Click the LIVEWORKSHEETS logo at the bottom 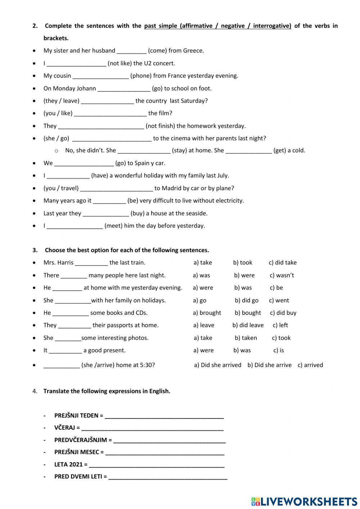pyautogui.click(x=304, y=501)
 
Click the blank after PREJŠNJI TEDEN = pyautogui.click(x=164, y=416)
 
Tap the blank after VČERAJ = pyautogui.click(x=152, y=428)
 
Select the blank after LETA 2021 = pyautogui.click(x=157, y=465)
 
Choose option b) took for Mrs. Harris pyautogui.click(x=243, y=263)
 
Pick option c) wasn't pyautogui.click(x=282, y=275)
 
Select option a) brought pyautogui.click(x=207, y=313)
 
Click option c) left pyautogui.click(x=280, y=325)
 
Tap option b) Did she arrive pyautogui.click(x=269, y=365)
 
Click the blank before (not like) pyautogui.click(x=76, y=64)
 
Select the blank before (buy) pyautogui.click(x=105, y=214)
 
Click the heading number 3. pyautogui.click(x=35, y=250)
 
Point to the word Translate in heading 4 pyautogui.click(x=56, y=391)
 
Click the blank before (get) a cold pyautogui.click(x=248, y=151)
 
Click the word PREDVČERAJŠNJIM pyautogui.click(x=81, y=440)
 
